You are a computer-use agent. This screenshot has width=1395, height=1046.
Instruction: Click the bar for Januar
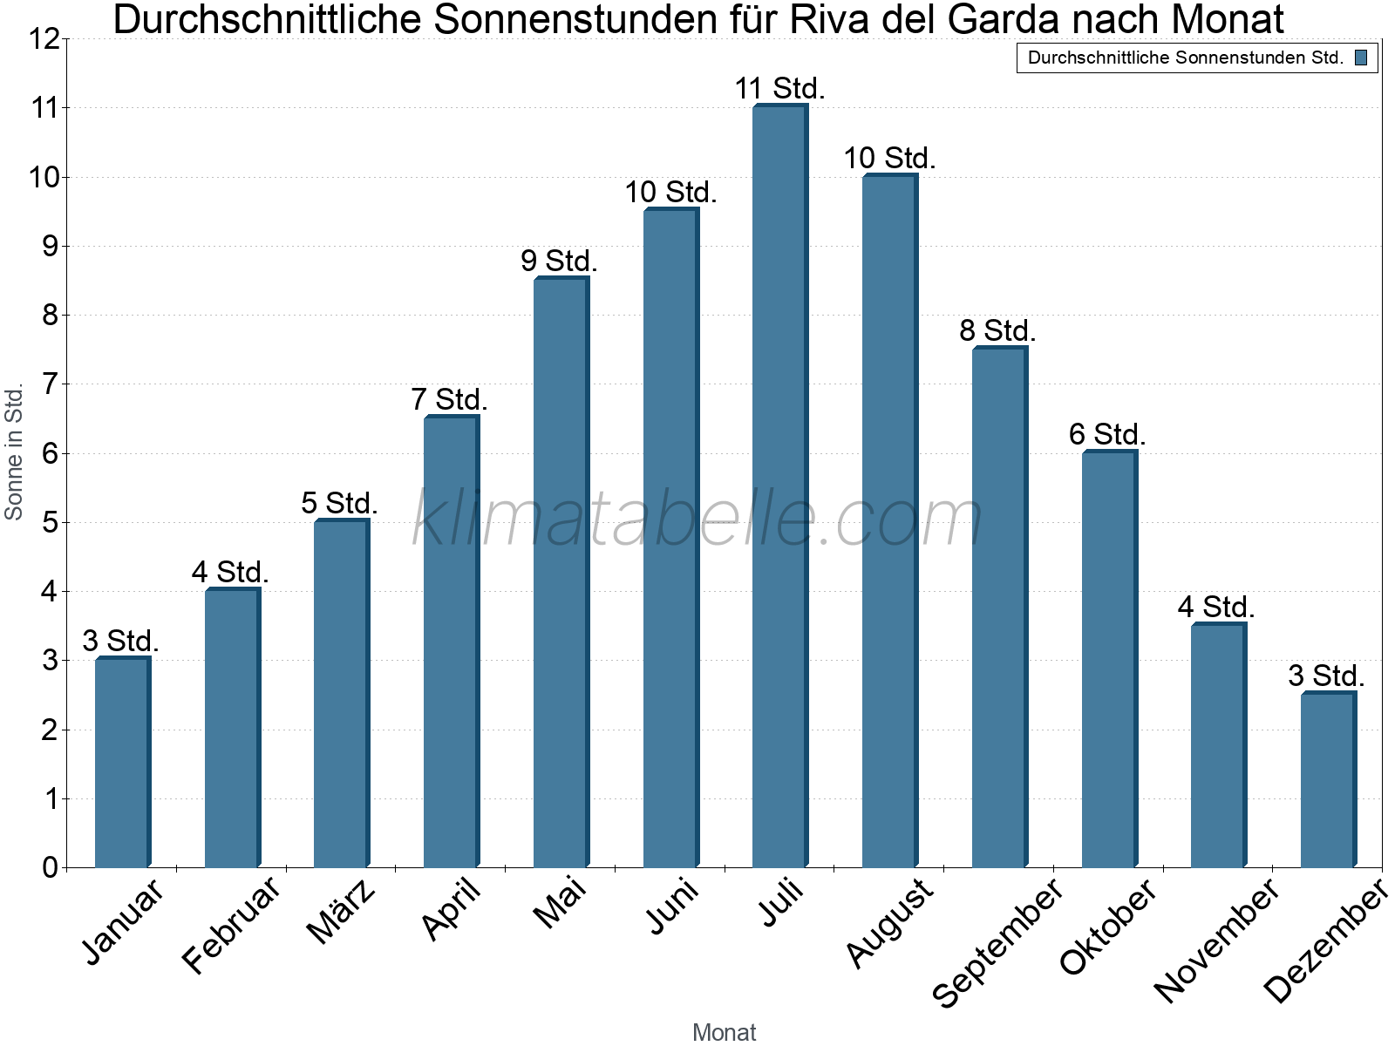[x=122, y=762]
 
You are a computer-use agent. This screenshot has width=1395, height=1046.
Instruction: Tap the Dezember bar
[x=1327, y=779]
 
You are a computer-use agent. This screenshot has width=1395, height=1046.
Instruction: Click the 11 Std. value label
[x=779, y=89]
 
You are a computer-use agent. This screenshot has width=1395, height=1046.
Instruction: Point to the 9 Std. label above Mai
[x=559, y=261]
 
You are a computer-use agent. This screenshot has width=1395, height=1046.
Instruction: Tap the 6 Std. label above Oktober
[x=1107, y=434]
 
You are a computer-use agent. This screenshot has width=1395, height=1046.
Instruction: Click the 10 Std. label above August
[x=889, y=159]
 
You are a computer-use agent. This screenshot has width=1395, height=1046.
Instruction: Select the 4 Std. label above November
[x=1216, y=607]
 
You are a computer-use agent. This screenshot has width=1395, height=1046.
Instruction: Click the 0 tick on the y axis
[x=50, y=867]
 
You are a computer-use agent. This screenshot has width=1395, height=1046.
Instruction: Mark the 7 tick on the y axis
[x=50, y=384]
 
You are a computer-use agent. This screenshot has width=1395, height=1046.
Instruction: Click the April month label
[x=451, y=909]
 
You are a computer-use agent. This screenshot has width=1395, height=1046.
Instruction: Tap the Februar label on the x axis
[x=232, y=924]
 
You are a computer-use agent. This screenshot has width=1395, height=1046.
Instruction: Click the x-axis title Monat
[x=724, y=1032]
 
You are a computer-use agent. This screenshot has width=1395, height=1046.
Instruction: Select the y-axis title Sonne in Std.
[x=14, y=452]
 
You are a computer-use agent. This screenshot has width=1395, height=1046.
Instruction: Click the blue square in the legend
[x=1360, y=58]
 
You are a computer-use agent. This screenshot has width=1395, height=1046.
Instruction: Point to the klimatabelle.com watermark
[x=697, y=520]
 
